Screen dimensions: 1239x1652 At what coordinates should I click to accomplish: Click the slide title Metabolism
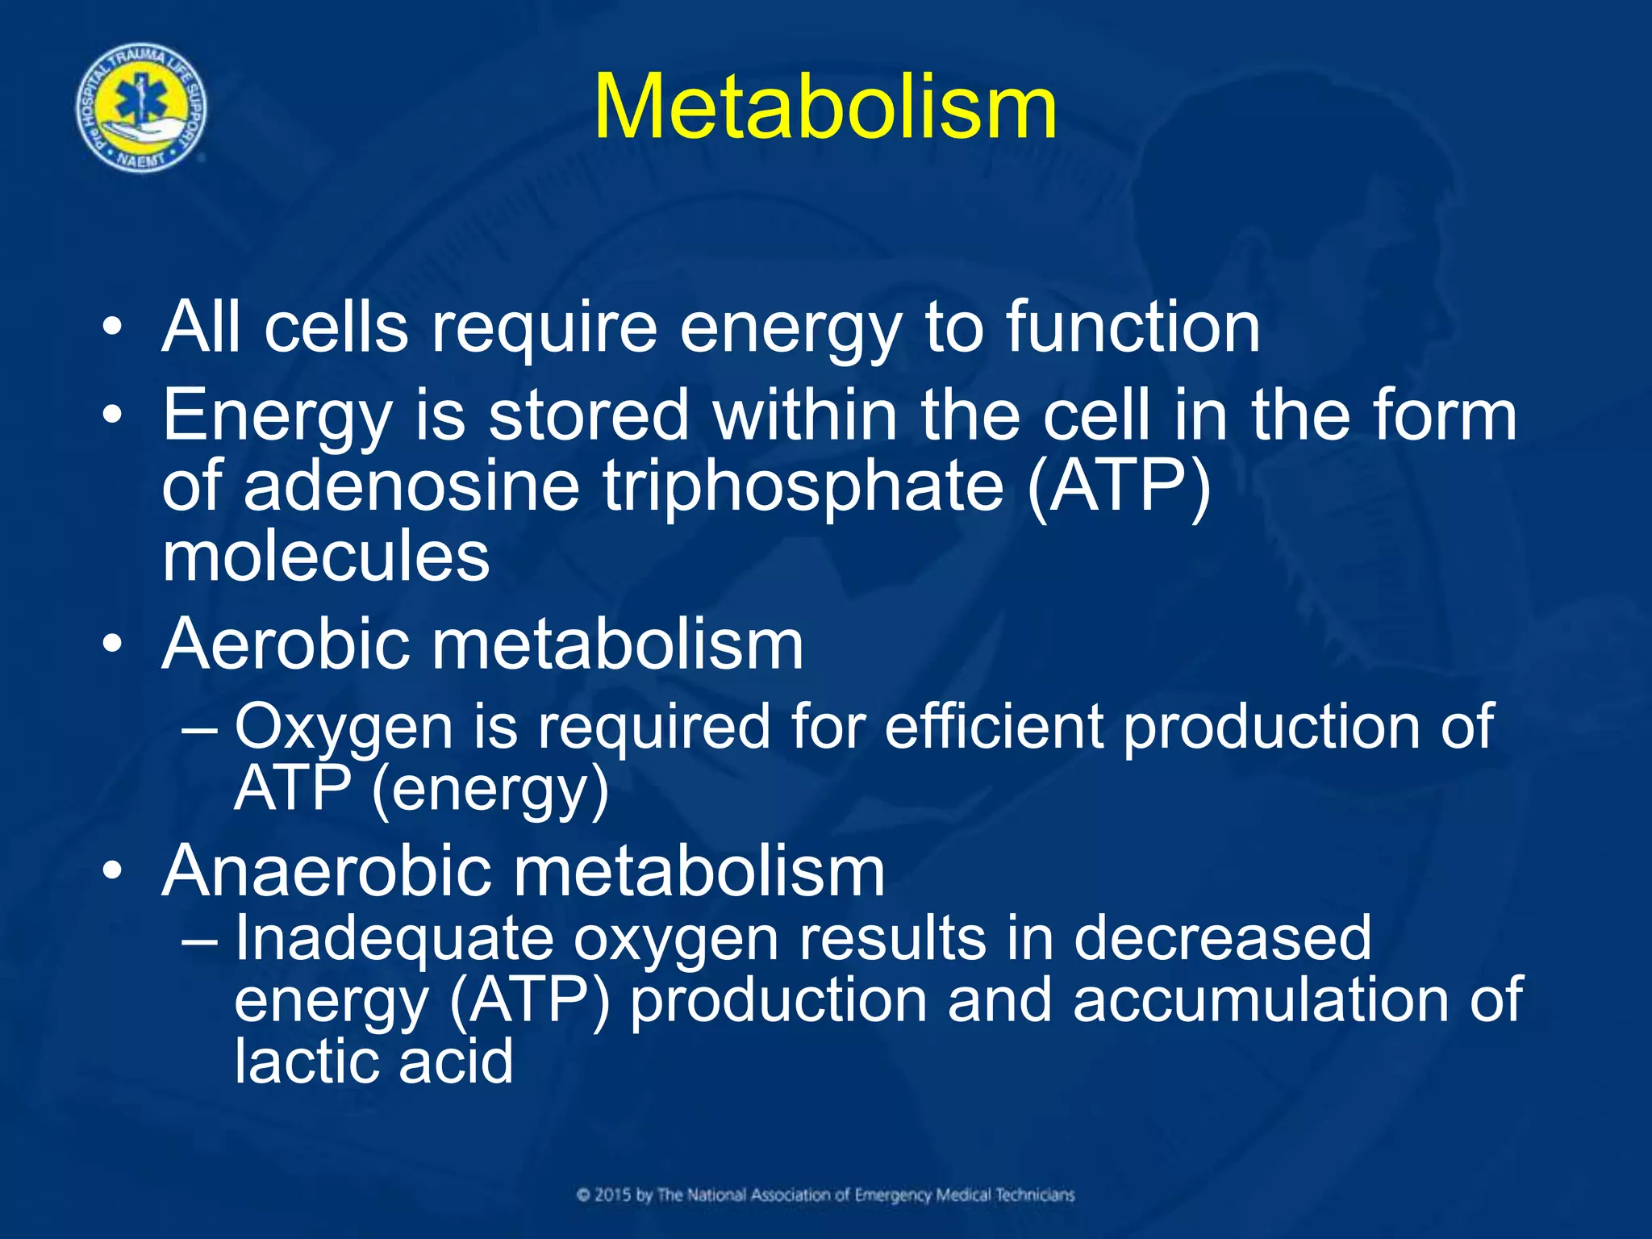[825, 107]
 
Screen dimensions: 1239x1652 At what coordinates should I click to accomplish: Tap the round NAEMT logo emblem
[141, 108]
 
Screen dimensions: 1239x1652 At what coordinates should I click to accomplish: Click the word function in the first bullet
[1133, 327]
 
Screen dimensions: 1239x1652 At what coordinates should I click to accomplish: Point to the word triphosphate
[803, 487]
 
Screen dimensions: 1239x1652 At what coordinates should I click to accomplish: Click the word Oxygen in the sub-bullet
[344, 728]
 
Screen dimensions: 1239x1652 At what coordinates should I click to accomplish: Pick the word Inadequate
[394, 938]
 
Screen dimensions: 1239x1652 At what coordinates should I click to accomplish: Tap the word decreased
[1222, 938]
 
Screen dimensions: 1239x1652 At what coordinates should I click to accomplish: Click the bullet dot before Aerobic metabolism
[112, 645]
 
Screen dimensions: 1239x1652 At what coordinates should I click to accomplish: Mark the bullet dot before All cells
[112, 328]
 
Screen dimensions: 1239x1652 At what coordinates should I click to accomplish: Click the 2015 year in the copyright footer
[613, 1195]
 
